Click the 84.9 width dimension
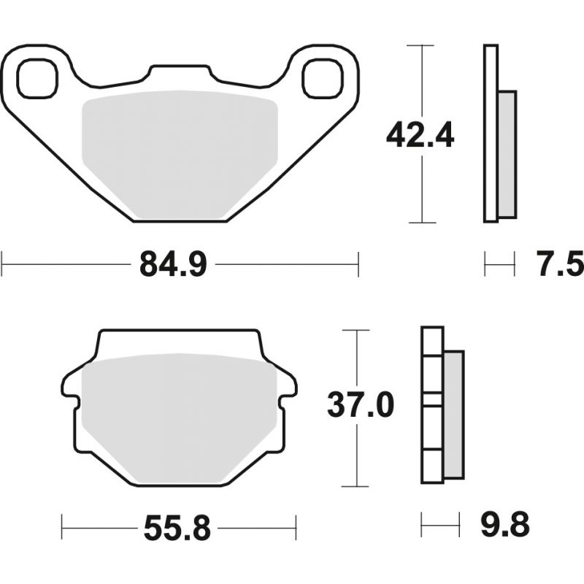[173, 264]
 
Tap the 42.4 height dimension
[420, 135]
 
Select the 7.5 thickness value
[561, 264]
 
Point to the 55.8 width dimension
[177, 528]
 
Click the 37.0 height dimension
[361, 405]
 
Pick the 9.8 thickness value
[505, 524]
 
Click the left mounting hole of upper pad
[38, 79]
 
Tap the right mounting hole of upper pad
[323, 79]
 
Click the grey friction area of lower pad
[179, 418]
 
